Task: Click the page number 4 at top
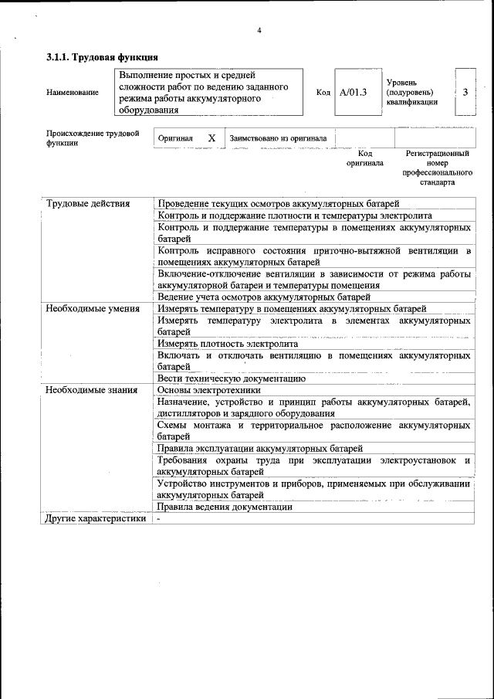pyautogui.click(x=259, y=31)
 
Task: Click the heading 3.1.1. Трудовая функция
pyautogui.click(x=102, y=57)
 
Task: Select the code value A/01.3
pyautogui.click(x=354, y=93)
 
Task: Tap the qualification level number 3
pyautogui.click(x=465, y=92)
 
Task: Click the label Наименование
pyautogui.click(x=73, y=93)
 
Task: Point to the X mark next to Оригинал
pyautogui.click(x=211, y=138)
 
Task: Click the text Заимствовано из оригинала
pyautogui.click(x=278, y=138)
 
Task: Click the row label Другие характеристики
pyautogui.click(x=96, y=519)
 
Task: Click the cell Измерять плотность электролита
pyautogui.click(x=227, y=344)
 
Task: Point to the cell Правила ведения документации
pyautogui.click(x=225, y=507)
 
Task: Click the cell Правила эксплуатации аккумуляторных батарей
pyautogui.click(x=259, y=448)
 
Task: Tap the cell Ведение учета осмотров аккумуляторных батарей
pyautogui.click(x=265, y=297)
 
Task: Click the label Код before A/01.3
pyautogui.click(x=323, y=93)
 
